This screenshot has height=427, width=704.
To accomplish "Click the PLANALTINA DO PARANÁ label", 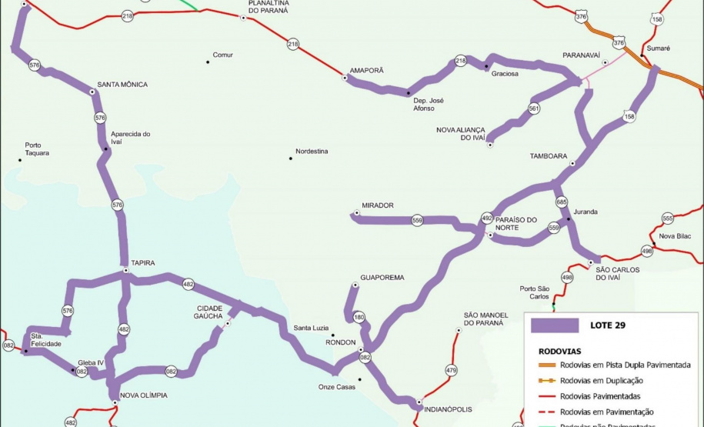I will point(268,8).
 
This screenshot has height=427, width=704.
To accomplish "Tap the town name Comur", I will point(222,55).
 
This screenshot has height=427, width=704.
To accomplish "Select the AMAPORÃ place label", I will point(366,70).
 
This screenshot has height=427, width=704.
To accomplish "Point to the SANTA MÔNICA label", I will point(122,85).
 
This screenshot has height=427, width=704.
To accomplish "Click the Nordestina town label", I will point(312,152).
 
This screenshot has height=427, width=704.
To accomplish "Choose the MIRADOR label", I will point(378,205).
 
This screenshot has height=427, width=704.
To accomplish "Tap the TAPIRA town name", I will point(142,263).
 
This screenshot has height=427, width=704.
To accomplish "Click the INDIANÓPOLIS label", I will point(448,409).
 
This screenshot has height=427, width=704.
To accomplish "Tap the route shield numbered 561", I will point(534,109).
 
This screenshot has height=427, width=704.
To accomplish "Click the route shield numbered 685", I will point(561,202).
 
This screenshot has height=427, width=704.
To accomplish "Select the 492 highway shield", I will point(487,218).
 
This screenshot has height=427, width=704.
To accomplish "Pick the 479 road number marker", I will point(451,371).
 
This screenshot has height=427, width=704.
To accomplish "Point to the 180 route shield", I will point(359,317).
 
